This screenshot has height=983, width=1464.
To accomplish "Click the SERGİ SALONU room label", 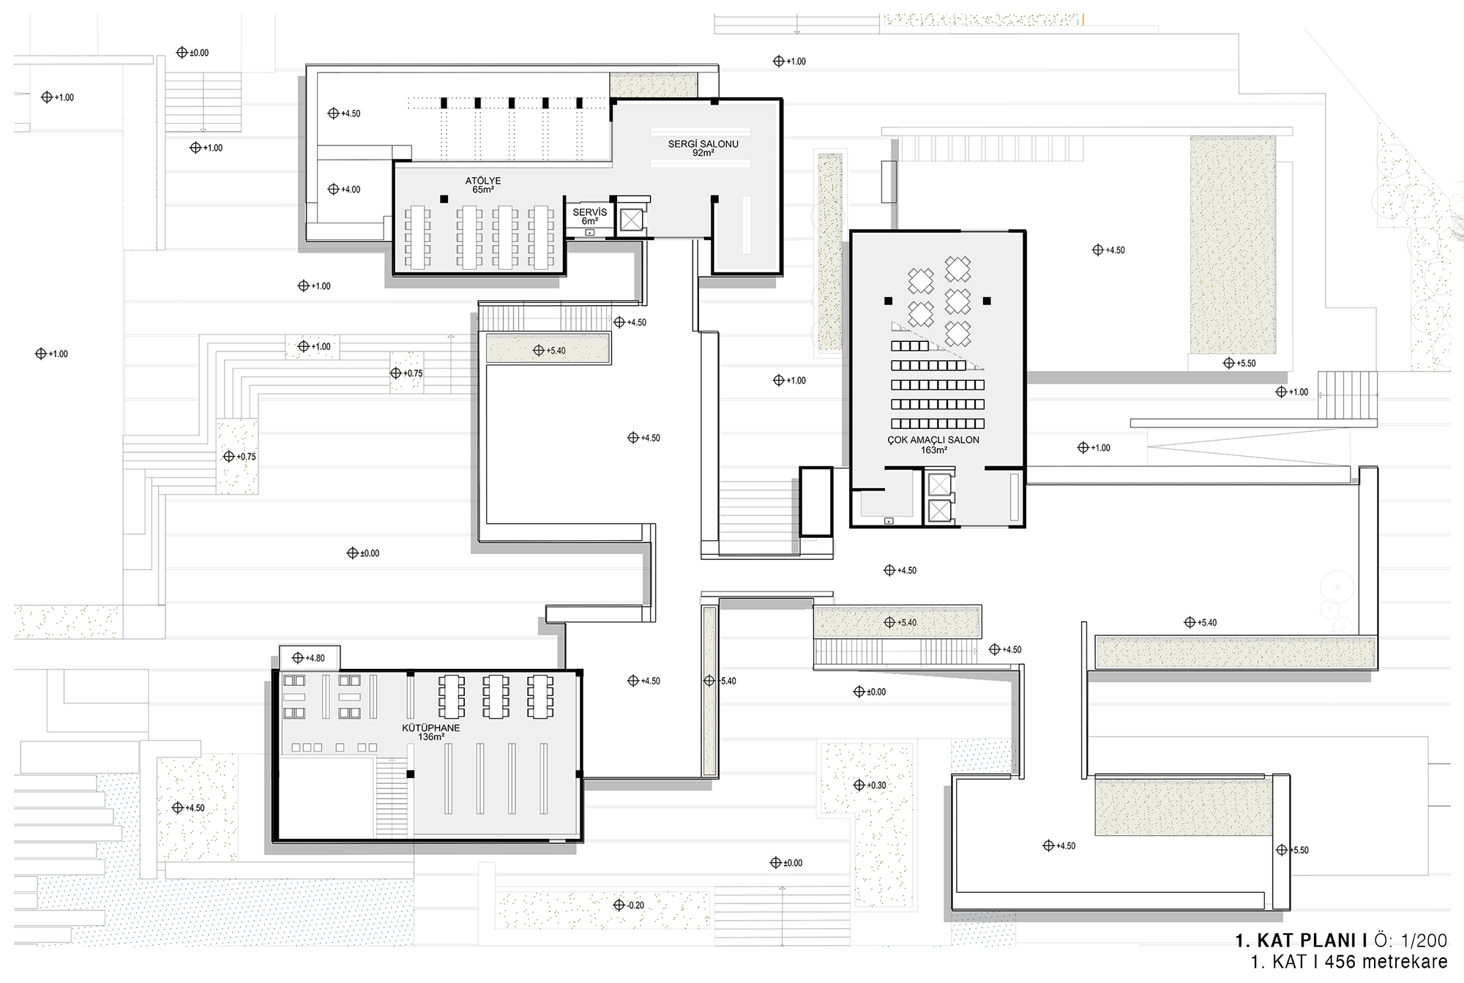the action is coord(703,144).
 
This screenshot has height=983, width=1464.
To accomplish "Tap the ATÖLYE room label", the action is coord(483,181).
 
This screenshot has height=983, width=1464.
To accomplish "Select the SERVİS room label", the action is coord(589,212).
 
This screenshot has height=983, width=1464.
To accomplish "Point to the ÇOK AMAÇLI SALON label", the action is coord(933,440).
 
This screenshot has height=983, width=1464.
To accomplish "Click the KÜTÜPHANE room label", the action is coord(431,728).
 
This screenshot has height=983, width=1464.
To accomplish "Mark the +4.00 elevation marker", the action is coord(345,190).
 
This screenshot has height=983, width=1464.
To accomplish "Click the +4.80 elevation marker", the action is coord(308,658).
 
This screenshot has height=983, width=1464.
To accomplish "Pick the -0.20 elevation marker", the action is coord(629,905).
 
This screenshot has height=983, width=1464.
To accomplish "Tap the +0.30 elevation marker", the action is coord(870,785).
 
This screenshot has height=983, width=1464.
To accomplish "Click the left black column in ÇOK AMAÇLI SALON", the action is coord(888,301).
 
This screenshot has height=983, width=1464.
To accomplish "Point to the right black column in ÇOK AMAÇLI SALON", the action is coord(987,301).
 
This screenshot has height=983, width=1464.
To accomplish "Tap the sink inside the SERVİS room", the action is coord(590,233).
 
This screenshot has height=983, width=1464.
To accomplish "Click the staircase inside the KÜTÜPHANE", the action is coord(392,798).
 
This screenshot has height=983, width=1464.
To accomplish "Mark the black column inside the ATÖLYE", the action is coord(444,199).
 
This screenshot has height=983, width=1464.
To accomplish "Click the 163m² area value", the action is coord(934,450).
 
